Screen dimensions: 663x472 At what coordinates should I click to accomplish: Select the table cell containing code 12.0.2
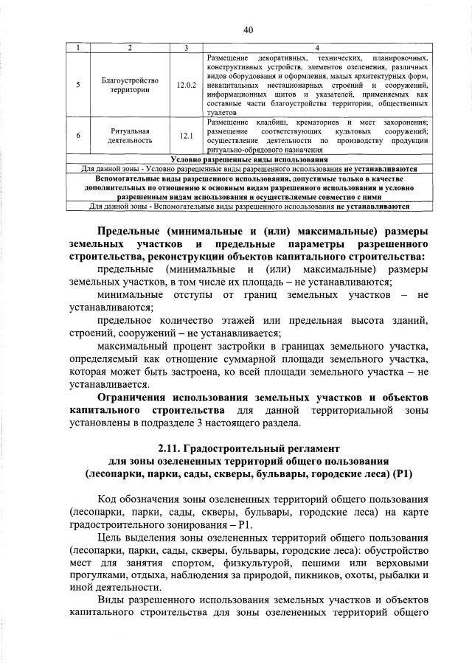(187, 85)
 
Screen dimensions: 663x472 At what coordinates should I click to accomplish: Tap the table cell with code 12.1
(187, 136)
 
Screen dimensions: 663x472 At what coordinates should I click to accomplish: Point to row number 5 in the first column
(79, 85)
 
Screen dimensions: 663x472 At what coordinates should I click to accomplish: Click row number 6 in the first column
(79, 136)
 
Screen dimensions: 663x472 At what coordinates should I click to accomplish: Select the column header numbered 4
(317, 49)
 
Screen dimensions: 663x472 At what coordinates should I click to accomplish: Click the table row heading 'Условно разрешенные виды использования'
(249, 159)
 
